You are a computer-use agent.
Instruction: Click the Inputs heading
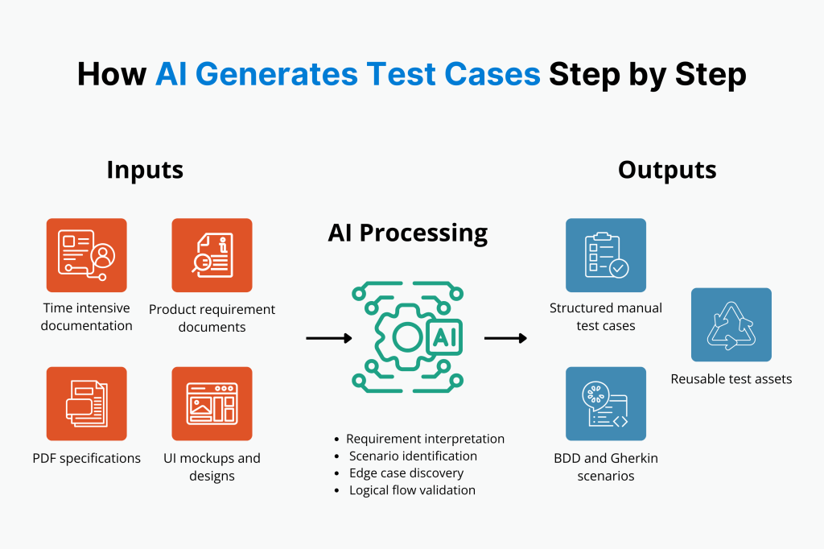[x=145, y=170]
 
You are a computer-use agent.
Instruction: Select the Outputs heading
[x=667, y=170]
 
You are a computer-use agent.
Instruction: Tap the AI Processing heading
[x=407, y=233]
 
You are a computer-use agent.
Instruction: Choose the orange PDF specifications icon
[x=86, y=403]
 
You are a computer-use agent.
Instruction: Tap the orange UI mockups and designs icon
[x=212, y=403]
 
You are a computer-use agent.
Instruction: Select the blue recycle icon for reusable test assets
[x=731, y=324]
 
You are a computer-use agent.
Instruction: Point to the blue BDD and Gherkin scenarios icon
[x=605, y=403]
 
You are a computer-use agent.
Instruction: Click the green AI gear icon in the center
[x=407, y=337]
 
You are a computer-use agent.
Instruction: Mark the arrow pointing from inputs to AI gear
[x=329, y=338]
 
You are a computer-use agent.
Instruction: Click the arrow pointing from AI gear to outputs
[x=505, y=338]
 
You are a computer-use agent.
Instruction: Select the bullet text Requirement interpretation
[x=425, y=439]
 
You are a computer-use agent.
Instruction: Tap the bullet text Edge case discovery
[x=406, y=473]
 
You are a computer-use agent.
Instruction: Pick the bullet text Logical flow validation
[x=412, y=489]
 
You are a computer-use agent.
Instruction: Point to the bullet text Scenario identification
[x=413, y=456]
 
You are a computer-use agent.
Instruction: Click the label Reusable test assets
[x=731, y=378]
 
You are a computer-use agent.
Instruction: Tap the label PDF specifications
[x=86, y=458]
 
